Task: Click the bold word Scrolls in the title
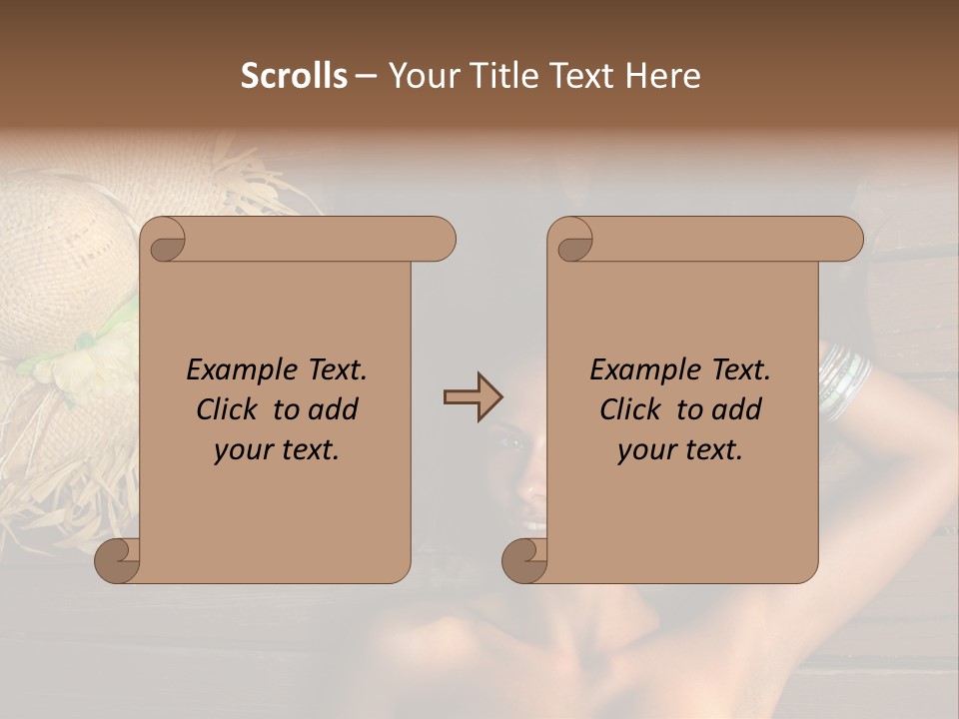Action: pos(295,76)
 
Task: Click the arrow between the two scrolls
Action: pos(473,397)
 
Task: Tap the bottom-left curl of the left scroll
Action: pos(118,560)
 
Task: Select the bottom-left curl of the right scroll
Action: pos(525,560)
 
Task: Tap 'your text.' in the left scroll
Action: pos(277,450)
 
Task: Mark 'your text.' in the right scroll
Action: pos(680,450)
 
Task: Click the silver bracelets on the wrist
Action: pos(845,379)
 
